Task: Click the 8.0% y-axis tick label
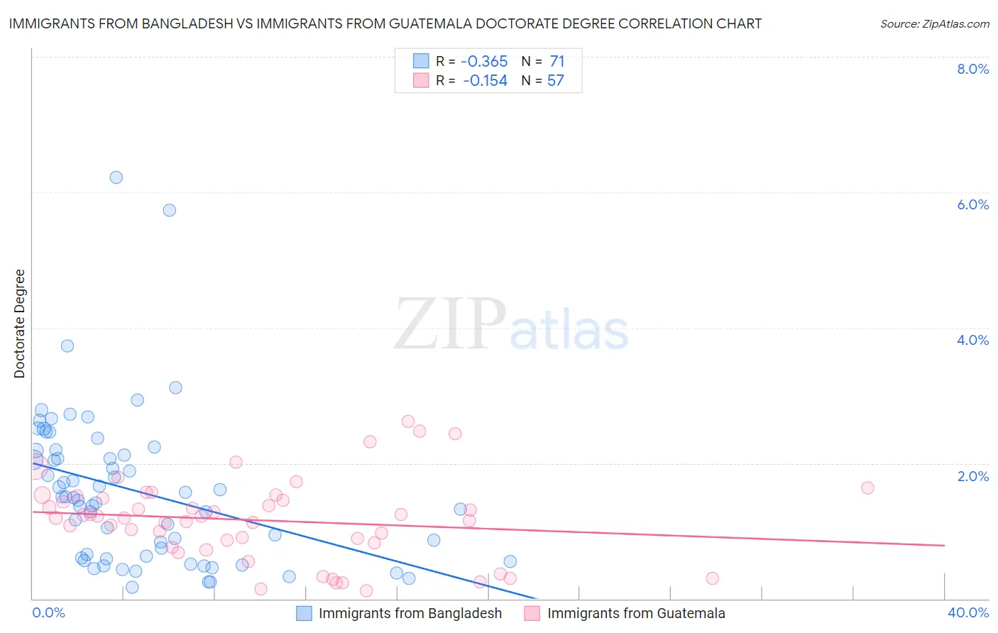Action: click(x=972, y=69)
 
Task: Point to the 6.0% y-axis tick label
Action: click(x=972, y=204)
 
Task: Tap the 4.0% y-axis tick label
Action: click(x=972, y=340)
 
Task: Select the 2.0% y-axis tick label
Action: click(x=972, y=476)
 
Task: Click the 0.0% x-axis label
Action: click(x=48, y=612)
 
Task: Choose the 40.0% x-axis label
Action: click(x=968, y=612)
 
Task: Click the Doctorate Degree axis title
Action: click(x=20, y=324)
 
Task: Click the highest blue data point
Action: click(x=116, y=177)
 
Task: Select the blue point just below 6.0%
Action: click(x=170, y=210)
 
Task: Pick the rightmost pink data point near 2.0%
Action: click(x=867, y=488)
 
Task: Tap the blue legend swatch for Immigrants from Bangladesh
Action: click(x=304, y=613)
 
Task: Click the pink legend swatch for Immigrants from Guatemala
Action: click(x=532, y=613)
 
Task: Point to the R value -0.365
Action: click(x=484, y=62)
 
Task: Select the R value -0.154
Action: click(x=485, y=81)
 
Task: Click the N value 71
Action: click(x=557, y=62)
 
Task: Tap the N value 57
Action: click(x=556, y=81)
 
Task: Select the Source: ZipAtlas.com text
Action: click(x=934, y=24)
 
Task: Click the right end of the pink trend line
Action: click(x=944, y=545)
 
